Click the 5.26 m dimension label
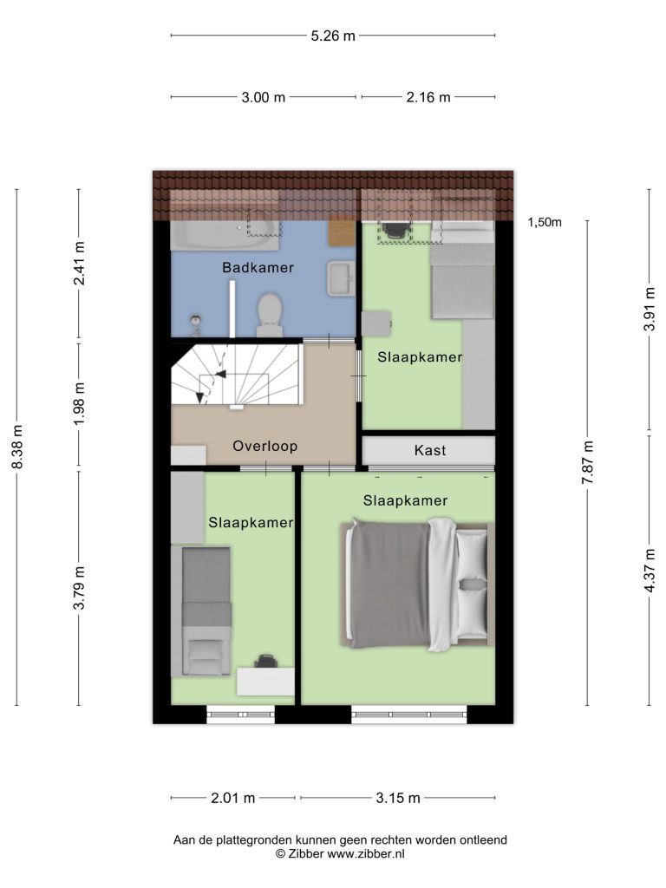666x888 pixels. (333, 36)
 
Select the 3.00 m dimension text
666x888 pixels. (264, 97)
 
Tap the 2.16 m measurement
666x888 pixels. (428, 97)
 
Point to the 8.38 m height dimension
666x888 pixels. (17, 447)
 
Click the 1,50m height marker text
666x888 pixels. (545, 222)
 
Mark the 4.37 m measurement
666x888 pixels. (650, 571)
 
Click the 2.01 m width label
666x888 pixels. (232, 798)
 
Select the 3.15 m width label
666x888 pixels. (398, 798)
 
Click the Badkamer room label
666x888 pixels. (258, 267)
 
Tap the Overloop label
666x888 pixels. (265, 446)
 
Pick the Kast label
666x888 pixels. (430, 450)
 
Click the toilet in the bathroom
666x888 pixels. (270, 315)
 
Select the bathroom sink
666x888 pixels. (341, 278)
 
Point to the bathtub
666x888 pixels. (225, 235)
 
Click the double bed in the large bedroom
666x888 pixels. (417, 584)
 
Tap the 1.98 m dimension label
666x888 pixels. (79, 403)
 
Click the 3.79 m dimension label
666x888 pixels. (79, 587)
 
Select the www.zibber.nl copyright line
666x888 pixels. (340, 854)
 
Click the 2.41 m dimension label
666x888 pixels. (79, 264)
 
